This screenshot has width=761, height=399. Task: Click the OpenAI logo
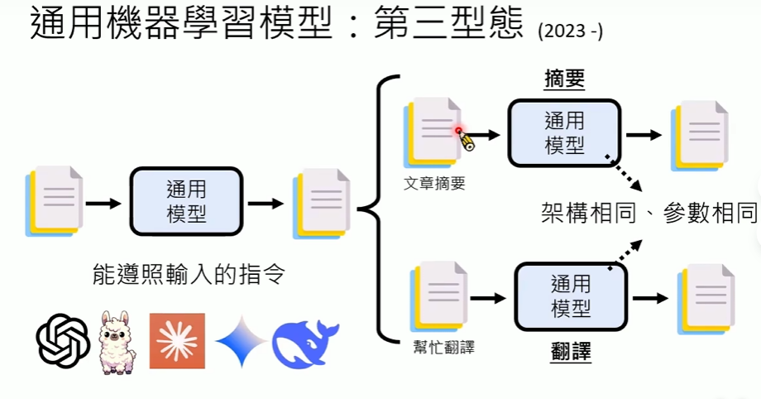click(x=64, y=339)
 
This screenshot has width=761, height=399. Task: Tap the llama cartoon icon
click(x=117, y=339)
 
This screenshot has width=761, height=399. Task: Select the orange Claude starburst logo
click(x=176, y=340)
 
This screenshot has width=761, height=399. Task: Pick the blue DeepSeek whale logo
click(x=305, y=340)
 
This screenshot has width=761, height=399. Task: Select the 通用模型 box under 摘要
click(x=564, y=132)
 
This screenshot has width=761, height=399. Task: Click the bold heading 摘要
click(x=564, y=79)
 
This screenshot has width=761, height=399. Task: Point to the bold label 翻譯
click(x=571, y=352)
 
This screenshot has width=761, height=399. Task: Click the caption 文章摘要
click(x=435, y=184)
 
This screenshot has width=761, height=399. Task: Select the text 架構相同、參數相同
click(x=644, y=212)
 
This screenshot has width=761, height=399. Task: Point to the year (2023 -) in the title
click(x=570, y=32)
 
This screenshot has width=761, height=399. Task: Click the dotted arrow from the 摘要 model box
click(x=627, y=171)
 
